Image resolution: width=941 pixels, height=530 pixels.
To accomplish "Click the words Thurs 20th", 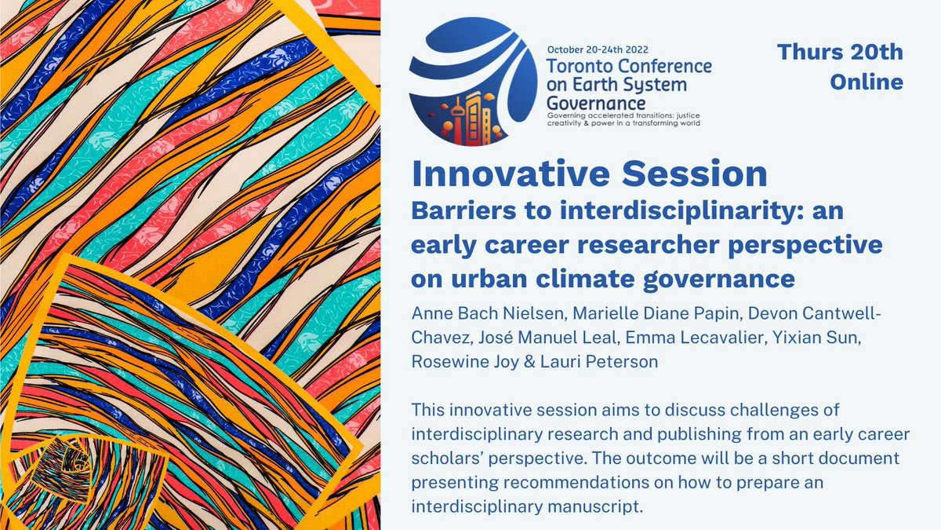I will pyautogui.click(x=840, y=53).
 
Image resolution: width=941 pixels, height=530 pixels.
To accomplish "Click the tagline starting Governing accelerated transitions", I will pyautogui.click(x=623, y=118).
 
